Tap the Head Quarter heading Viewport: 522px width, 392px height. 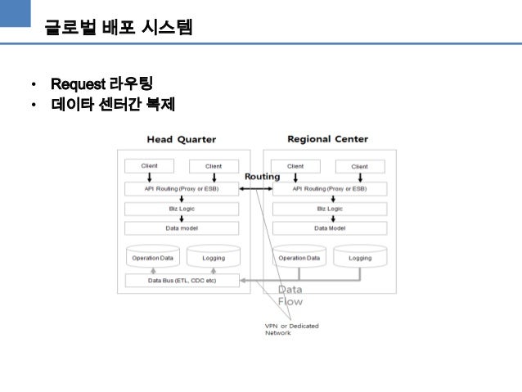(182, 139)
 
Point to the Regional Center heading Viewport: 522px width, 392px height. (328, 139)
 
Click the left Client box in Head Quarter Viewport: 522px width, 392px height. (149, 166)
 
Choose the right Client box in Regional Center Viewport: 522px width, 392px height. (359, 167)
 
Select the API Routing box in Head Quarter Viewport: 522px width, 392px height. (182, 188)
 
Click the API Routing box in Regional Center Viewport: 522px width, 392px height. (329, 188)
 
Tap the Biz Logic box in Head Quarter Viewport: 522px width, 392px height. (182, 209)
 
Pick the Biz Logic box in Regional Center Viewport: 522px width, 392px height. (329, 209)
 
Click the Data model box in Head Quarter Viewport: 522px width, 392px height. (182, 228)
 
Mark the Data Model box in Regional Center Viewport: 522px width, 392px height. (329, 228)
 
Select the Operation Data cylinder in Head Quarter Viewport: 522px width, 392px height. (153, 257)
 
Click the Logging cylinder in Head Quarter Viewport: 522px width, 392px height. (213, 257)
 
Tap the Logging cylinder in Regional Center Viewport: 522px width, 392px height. (359, 257)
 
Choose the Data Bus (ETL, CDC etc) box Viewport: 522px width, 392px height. (182, 281)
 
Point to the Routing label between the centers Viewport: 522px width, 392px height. (262, 177)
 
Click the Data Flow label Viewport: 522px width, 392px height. (290, 295)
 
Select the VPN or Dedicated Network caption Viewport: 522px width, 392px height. (291, 329)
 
